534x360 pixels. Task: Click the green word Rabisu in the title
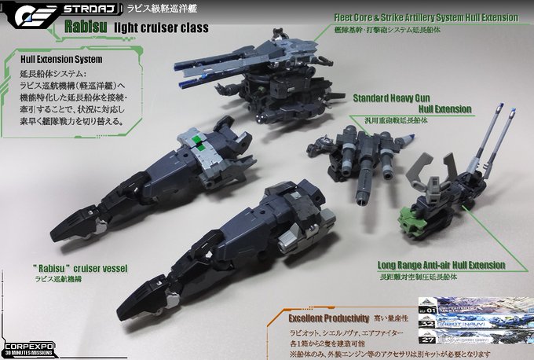point(85,30)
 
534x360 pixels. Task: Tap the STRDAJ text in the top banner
point(80,10)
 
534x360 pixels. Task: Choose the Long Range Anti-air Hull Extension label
point(440,266)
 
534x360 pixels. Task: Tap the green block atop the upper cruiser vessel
point(203,141)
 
